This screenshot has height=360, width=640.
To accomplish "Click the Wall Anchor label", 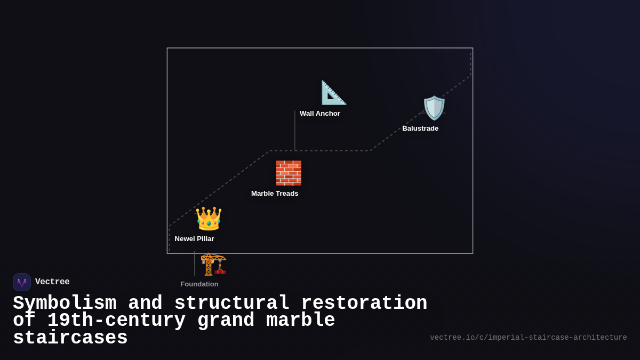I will click(x=319, y=114).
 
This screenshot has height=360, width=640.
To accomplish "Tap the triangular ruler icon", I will click(x=333, y=93).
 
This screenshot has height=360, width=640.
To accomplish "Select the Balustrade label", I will click(x=420, y=129).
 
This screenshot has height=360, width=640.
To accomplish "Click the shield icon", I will click(x=434, y=108).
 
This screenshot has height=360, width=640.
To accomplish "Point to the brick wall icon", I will click(x=289, y=173).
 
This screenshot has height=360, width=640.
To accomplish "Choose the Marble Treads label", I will click(x=275, y=194).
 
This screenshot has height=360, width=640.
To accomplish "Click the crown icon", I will click(x=209, y=219).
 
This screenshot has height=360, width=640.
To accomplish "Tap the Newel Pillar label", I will click(x=194, y=239).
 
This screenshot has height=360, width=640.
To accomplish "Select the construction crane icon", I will click(x=213, y=265).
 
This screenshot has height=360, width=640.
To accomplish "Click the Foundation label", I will click(x=199, y=284).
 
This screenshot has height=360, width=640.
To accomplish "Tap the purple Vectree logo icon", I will click(x=22, y=282).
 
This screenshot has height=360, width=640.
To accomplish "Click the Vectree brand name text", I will click(x=52, y=282).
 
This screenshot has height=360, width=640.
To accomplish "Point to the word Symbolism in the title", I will click(x=65, y=303).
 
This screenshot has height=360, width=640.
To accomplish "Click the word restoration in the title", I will click(x=364, y=303).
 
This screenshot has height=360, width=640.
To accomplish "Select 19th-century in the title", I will click(x=116, y=321).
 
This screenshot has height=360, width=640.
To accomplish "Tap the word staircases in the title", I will click(x=70, y=338).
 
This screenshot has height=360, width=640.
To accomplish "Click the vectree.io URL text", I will click(x=528, y=338).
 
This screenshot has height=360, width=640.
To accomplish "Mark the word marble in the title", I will click(x=300, y=321).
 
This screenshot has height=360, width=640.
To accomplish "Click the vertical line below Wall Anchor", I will click(x=295, y=131).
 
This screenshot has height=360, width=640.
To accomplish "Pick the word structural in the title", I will click(x=232, y=303).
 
